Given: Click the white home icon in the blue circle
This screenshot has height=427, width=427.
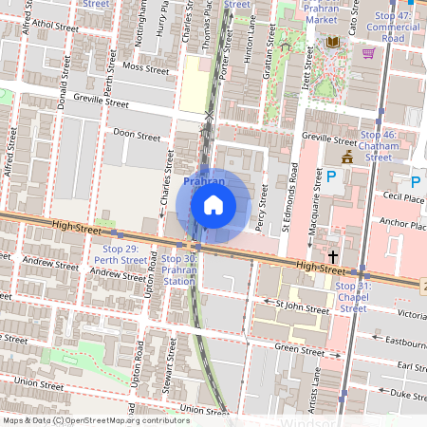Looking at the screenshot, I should (x=213, y=205).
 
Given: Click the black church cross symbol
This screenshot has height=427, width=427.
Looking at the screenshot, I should (x=333, y=256).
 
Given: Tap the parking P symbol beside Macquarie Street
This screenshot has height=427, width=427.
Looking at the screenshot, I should (x=331, y=176).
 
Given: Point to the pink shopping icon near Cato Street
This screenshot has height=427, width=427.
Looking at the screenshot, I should (x=366, y=52).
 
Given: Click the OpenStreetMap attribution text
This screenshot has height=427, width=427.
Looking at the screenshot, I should (x=96, y=419).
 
